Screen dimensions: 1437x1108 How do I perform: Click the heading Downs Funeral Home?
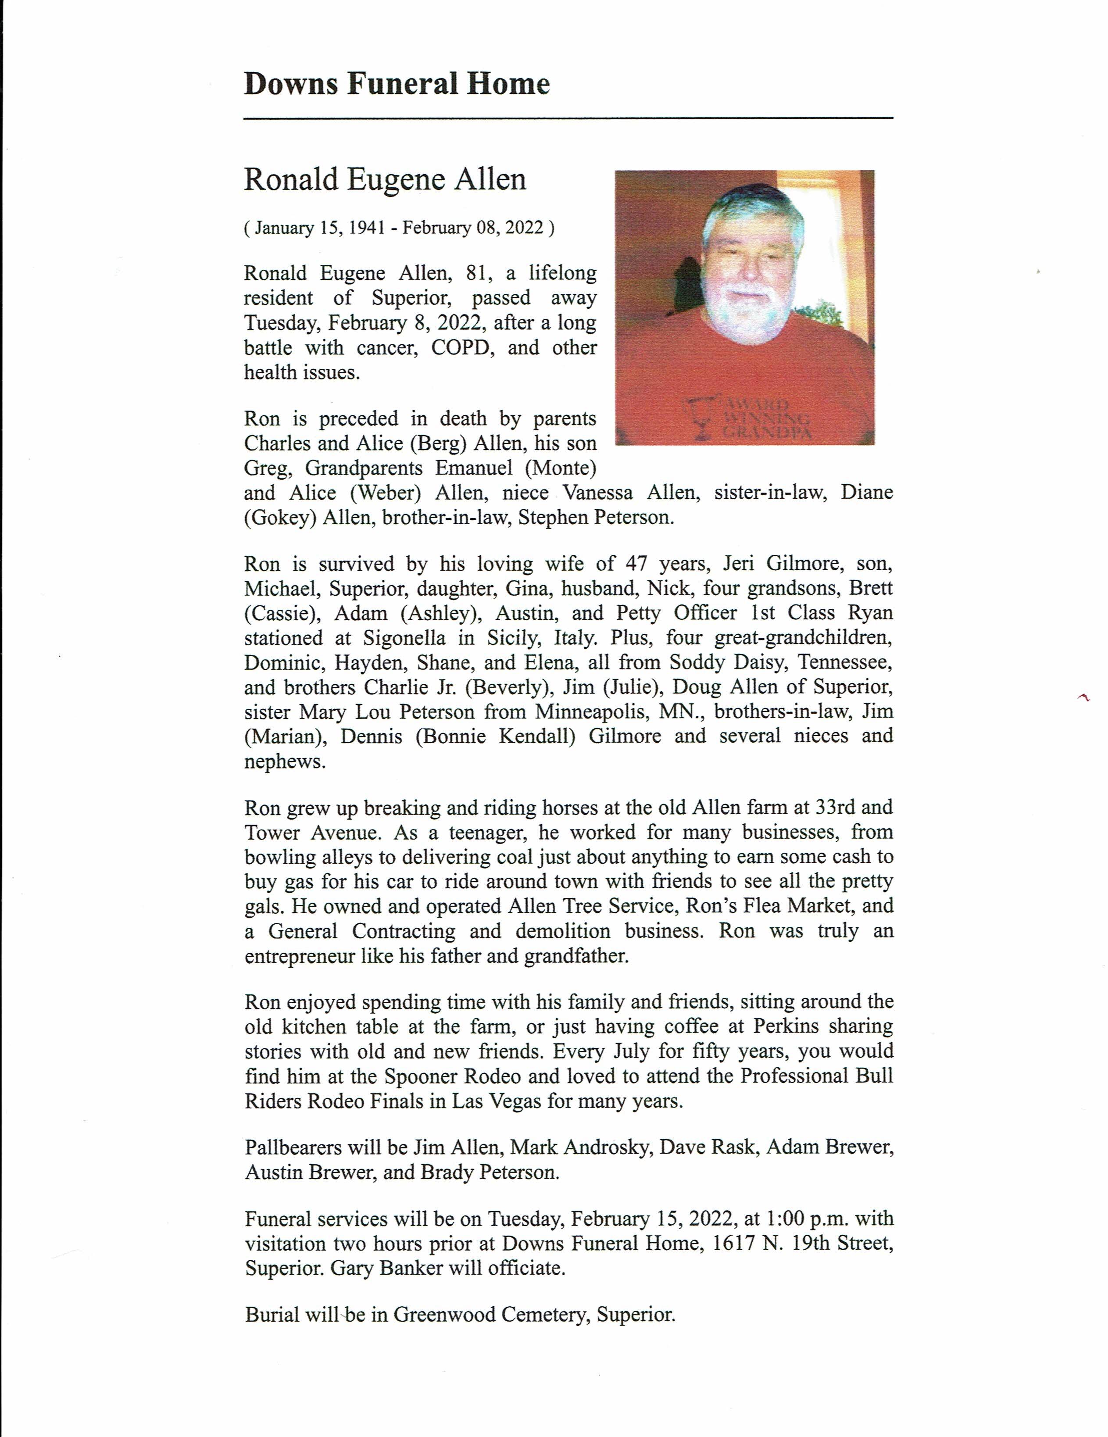pos(396,84)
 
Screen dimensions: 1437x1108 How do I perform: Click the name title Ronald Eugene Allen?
pos(385,180)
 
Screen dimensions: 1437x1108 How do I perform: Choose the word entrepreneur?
pos(299,956)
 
